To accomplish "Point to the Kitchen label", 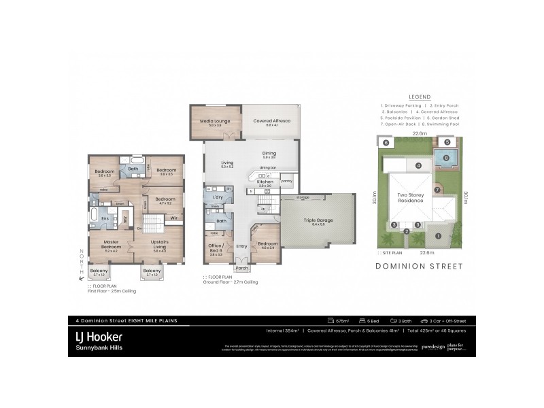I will click(x=265, y=182).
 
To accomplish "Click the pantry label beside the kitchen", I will click(x=286, y=181).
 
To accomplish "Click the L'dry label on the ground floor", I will click(x=219, y=197).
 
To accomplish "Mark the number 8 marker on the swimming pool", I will click(x=446, y=158).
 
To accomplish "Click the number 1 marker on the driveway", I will click(x=439, y=236).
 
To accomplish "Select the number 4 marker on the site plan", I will click(x=419, y=165).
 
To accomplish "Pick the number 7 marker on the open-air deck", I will click(x=438, y=189).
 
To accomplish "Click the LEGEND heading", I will click(x=419, y=97).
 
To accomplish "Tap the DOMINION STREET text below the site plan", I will click(x=419, y=267).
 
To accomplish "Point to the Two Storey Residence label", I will click(x=411, y=199).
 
